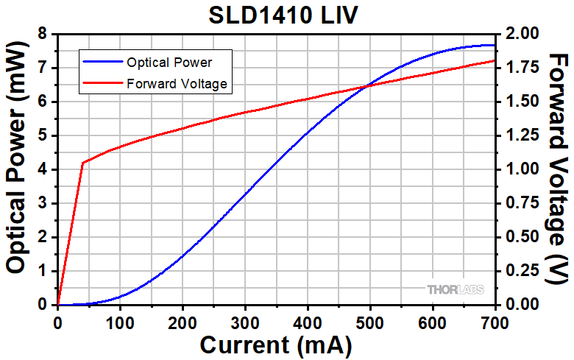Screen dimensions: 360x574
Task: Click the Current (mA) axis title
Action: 275,345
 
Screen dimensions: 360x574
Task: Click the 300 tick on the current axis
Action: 245,321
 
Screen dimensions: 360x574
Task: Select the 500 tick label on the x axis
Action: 370,321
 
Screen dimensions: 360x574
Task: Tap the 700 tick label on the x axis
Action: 495,321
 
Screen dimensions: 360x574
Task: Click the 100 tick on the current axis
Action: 120,321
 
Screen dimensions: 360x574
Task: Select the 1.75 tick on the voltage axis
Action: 519,68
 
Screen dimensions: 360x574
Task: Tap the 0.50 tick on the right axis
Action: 519,237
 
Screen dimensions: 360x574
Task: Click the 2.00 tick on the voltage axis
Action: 519,34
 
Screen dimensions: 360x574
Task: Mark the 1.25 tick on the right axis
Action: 519,135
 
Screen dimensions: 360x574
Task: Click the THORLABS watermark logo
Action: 456,290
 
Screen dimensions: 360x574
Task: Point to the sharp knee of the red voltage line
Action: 82,163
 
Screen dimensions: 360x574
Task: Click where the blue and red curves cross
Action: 367,85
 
